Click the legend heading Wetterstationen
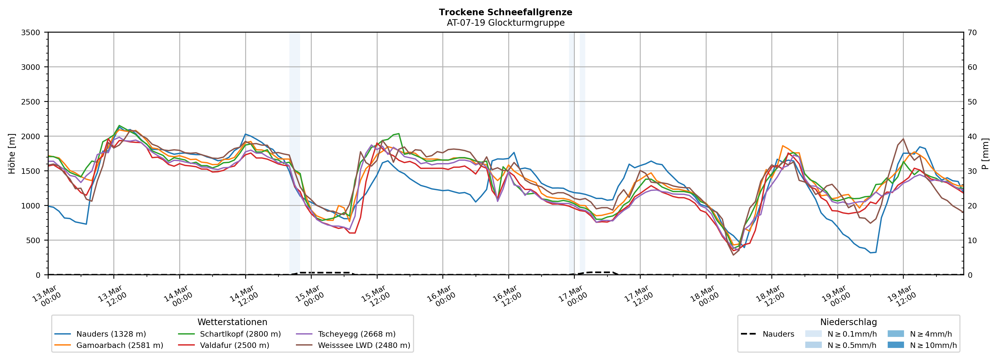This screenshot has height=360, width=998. pos(232,322)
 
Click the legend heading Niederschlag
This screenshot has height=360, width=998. pos(848,322)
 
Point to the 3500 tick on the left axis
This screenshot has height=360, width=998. pos(31,33)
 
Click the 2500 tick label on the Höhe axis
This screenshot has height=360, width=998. pos(31,102)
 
